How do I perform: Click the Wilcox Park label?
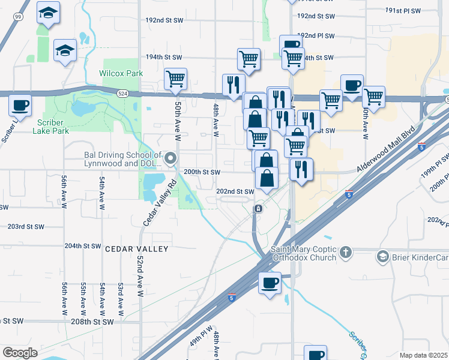(121, 73)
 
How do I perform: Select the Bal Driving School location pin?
(170, 159)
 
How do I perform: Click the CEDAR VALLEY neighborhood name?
(137, 248)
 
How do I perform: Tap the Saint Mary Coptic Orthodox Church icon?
(346, 253)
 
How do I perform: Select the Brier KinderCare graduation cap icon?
(382, 257)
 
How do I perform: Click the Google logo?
(20, 353)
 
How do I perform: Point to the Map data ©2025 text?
(424, 355)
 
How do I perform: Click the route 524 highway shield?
(123, 94)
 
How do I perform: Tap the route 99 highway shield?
(18, 17)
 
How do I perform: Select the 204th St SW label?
(83, 246)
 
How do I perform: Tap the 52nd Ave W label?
(139, 275)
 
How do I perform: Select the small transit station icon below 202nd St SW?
(258, 209)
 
